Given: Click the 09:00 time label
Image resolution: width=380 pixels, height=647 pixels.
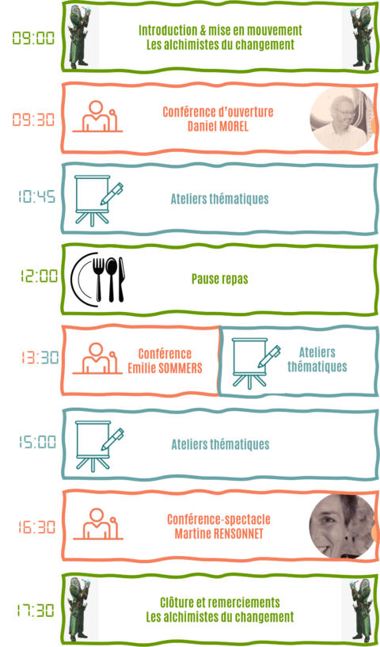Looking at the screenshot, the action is tap(33, 38).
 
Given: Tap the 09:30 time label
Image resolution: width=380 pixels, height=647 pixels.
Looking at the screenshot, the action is tap(33, 120).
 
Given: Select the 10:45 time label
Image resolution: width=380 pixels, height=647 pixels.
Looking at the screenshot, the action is tap(36, 196).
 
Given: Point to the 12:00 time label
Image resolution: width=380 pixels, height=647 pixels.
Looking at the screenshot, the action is tap(40, 276).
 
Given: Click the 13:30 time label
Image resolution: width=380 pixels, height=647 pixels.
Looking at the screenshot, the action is tap(40, 357).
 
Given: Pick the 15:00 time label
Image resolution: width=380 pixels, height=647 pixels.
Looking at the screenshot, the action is tap(37, 442).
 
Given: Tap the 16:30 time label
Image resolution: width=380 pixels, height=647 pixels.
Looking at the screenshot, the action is tap(36, 527).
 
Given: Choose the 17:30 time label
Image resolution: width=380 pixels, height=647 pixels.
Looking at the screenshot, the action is tap(36, 611).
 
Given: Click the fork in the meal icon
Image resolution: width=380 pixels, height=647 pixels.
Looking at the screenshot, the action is tap(98, 280).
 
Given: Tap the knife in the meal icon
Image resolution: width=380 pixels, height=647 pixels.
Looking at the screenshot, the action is tap(122, 280).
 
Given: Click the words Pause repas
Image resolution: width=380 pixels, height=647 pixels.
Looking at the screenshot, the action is tap(220, 279).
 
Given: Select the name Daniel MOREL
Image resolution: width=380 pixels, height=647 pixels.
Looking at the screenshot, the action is tap(218, 126).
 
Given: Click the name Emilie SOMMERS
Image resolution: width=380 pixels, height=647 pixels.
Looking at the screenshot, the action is tap(165, 367).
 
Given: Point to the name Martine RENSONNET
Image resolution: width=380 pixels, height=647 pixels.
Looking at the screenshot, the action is tap(218, 534).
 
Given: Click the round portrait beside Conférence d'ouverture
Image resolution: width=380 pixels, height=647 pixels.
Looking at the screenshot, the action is tap(342, 119).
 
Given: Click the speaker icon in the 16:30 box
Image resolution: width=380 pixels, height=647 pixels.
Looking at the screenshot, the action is tap(98, 523).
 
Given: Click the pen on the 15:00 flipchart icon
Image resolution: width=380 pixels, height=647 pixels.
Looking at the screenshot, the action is tap(112, 439).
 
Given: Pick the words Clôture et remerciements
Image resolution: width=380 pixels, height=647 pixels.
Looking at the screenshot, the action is tap(220, 603).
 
